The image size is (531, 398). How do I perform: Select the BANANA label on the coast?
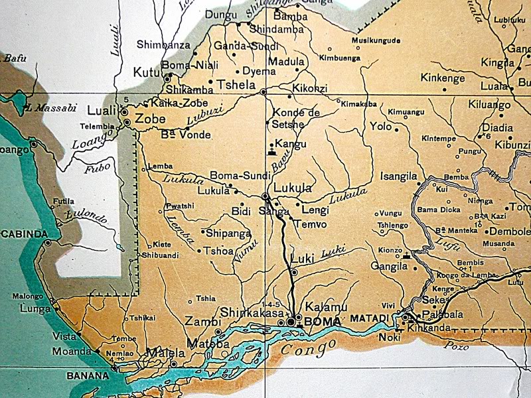point(88,375)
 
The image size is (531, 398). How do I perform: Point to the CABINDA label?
point(25,233)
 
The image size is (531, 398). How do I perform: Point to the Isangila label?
point(398,176)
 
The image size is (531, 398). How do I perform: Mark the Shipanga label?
point(228,233)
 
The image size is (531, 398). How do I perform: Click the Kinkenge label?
point(443,78)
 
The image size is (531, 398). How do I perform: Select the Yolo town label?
point(381,125)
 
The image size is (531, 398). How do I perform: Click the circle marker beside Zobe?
point(126,122)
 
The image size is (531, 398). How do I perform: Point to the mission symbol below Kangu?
point(271,152)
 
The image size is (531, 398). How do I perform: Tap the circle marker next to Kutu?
point(167,78)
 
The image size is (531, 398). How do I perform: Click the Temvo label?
point(310,224)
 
